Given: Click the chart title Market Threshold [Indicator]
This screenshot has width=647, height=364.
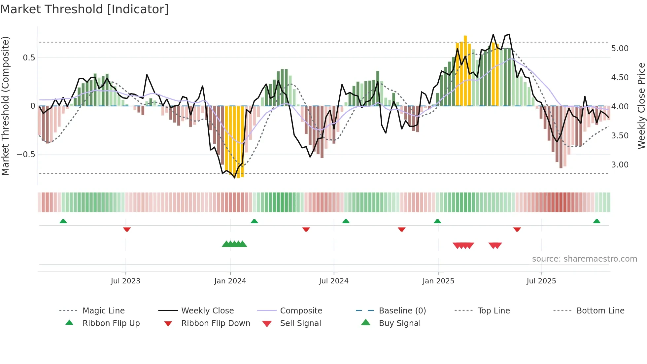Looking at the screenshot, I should (x=85, y=9).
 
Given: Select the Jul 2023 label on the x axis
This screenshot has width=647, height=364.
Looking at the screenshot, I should (x=125, y=281).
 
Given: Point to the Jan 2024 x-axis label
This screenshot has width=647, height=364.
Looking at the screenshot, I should (x=230, y=281).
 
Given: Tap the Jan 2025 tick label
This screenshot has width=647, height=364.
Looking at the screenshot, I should (x=438, y=281).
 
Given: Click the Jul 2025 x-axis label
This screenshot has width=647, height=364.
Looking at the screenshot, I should (x=541, y=281).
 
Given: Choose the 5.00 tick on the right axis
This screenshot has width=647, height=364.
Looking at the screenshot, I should (x=620, y=49).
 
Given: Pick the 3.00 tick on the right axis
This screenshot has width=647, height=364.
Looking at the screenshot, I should (x=620, y=165).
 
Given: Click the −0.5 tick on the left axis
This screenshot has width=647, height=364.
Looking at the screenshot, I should (x=26, y=155).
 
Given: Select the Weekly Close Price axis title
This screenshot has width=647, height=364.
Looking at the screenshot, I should (x=641, y=106).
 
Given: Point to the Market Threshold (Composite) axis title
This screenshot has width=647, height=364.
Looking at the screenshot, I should (x=5, y=106).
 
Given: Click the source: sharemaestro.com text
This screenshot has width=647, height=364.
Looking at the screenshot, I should (x=584, y=259).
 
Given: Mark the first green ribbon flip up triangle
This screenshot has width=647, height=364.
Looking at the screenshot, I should (x=63, y=221).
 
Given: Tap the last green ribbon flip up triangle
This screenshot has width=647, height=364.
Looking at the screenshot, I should (x=596, y=221).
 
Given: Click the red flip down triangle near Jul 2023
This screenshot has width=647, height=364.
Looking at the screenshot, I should (x=127, y=229).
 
